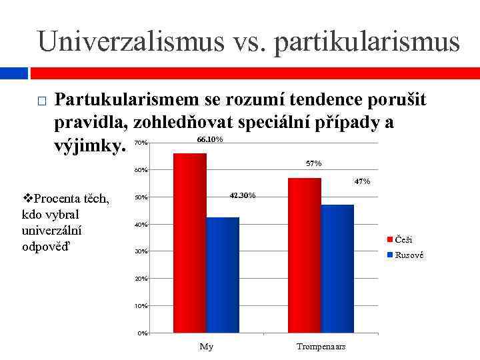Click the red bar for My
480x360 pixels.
[189, 243]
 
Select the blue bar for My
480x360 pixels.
[223, 275]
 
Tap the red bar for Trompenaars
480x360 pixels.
[304, 255]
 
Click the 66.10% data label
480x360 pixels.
[210, 140]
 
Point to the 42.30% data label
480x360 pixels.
[242, 195]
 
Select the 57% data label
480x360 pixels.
[313, 163]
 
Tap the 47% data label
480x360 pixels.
[362, 181]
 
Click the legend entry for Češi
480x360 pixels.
[403, 239]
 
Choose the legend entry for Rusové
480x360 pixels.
[408, 255]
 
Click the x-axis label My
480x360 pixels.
[207, 347]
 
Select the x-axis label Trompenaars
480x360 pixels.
[321, 347]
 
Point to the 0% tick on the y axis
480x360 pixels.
[143, 333]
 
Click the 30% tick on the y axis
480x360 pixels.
[141, 251]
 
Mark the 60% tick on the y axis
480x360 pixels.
[141, 170]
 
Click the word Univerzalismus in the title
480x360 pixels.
[131, 41]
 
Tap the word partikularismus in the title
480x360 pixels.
[367, 41]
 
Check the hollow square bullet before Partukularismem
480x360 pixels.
[41, 102]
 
